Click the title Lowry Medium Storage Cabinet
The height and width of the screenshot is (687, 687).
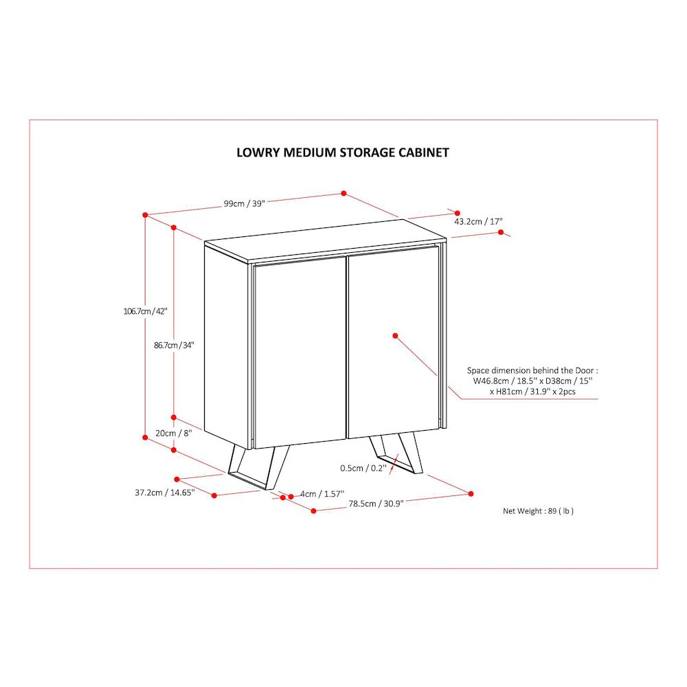343,153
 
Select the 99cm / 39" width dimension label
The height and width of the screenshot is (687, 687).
245,203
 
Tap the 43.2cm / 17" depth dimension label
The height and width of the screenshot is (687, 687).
478,221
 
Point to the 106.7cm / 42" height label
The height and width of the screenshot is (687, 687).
146,311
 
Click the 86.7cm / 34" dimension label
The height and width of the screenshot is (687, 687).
174,345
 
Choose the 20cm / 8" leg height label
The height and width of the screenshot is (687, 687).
174,433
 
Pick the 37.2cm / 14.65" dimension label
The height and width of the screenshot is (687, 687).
165,493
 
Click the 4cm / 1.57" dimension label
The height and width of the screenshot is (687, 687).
322,494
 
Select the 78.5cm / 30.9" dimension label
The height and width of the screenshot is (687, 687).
376,504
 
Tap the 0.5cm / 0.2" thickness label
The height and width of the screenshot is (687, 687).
363,468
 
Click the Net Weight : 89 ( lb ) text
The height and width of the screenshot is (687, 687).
538,511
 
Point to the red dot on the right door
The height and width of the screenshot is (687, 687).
395,336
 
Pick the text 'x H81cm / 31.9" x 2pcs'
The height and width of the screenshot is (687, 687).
532,392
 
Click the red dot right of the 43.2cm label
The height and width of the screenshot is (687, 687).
502,232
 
